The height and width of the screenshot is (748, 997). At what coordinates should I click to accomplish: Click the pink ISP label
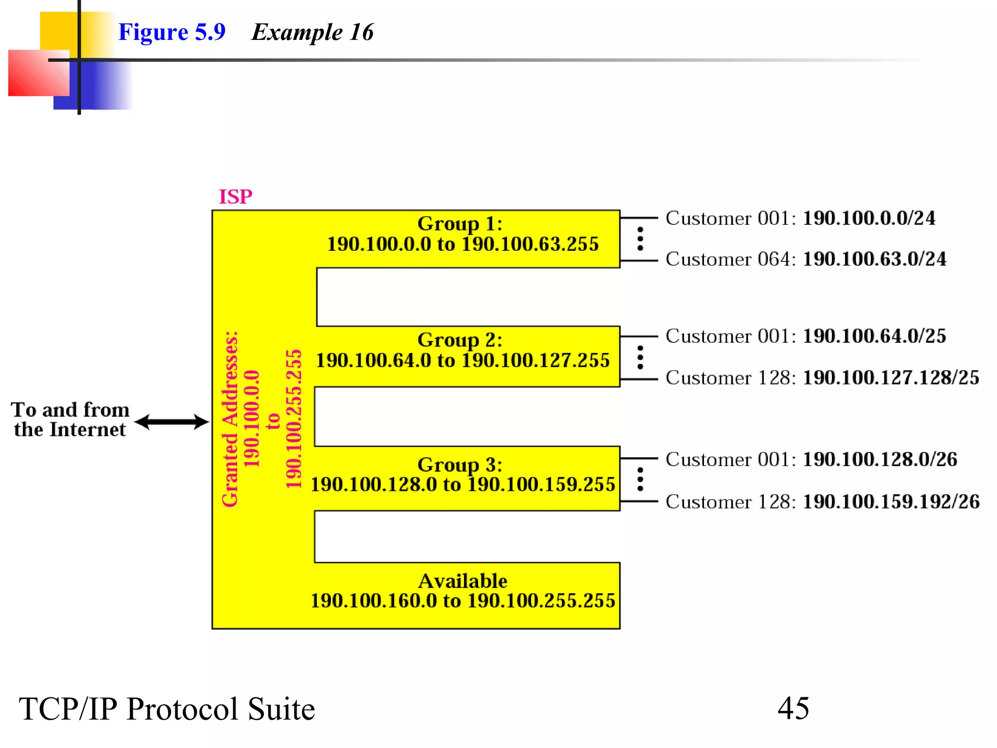coord(236,197)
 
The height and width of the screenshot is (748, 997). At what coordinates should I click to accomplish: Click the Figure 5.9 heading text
coord(172,32)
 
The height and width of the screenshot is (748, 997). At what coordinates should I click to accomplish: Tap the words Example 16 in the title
coord(312,32)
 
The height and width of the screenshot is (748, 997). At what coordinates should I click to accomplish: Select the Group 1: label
coord(460,224)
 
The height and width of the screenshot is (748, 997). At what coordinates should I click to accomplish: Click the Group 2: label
coord(460,339)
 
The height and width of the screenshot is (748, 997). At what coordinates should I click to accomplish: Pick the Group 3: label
coord(460,464)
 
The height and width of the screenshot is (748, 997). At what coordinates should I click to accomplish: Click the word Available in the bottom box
coord(462,580)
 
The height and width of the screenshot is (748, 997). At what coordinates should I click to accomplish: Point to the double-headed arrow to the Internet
coord(171,422)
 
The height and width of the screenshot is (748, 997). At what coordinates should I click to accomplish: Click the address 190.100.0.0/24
coord(868,218)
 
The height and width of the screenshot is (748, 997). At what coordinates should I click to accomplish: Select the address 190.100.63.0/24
coord(874,259)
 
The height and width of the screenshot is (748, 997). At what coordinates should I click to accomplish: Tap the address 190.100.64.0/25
coord(874,336)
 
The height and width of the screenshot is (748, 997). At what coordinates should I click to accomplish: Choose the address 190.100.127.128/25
coord(890,377)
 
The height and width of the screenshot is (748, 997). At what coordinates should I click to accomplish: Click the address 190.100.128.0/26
coord(879,459)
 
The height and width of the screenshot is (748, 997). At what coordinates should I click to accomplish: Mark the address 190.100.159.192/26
coord(890,501)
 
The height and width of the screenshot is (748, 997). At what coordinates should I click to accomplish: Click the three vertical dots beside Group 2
coord(640,357)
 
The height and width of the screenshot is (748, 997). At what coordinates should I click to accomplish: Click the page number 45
coord(793,708)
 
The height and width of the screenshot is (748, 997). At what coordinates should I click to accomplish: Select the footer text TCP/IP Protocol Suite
coord(166,709)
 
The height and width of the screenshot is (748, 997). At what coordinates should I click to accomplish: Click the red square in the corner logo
coord(38,73)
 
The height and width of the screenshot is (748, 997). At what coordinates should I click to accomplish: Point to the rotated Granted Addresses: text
coord(230,419)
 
